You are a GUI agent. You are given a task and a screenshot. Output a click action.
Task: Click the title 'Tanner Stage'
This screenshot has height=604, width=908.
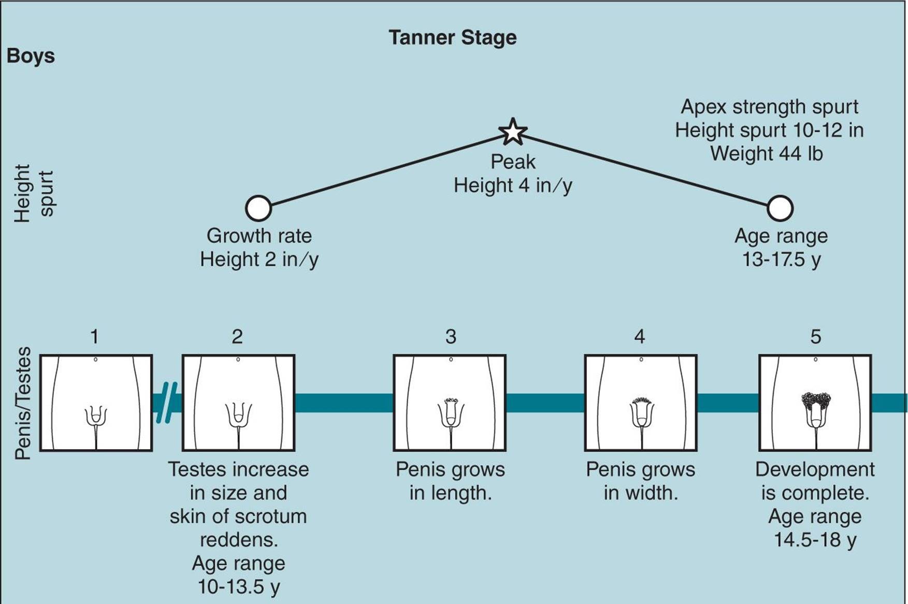coord(452,38)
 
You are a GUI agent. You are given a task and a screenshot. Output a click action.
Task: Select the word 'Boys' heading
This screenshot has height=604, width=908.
coord(31,56)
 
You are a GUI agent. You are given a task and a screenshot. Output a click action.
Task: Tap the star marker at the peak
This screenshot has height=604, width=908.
coord(513,132)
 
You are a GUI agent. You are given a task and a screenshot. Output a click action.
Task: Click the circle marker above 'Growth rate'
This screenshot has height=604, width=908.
coord(258,208)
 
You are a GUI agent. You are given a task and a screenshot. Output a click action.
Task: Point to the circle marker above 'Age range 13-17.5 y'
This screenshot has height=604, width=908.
coord(780,208)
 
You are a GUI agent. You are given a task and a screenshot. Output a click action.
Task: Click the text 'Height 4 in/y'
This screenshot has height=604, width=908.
coord(513,185)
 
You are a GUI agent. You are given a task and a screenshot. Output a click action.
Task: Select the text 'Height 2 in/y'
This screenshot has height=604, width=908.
coord(259,259)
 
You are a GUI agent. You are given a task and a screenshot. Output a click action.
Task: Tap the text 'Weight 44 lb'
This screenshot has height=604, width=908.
coord(767,154)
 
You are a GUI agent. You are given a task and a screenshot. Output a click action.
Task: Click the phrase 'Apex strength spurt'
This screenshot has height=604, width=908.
coord(769,107)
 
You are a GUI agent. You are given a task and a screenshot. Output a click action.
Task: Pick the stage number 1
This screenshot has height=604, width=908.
coord(94,337)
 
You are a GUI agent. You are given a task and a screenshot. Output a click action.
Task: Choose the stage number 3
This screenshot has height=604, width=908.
coord(451,337)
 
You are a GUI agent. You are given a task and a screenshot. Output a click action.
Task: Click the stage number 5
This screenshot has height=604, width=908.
coord(815,337)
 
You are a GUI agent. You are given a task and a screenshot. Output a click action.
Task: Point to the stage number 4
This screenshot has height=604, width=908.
coord(640,337)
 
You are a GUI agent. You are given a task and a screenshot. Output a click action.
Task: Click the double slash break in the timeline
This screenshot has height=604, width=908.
coord(167,403)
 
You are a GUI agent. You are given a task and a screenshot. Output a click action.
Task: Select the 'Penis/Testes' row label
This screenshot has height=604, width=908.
coord(23,403)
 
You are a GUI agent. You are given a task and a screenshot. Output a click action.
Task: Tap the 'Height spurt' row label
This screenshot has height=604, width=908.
coord(34,193)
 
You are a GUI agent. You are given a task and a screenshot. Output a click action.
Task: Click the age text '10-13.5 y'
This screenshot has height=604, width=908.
coord(238,587)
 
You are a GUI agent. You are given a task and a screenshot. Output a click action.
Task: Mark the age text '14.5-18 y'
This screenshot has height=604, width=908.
coord(815,540)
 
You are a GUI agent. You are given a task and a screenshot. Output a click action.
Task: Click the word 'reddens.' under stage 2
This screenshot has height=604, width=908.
coord(239,540)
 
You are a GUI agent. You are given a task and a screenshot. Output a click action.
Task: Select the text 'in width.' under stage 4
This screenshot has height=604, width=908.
coord(640,493)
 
